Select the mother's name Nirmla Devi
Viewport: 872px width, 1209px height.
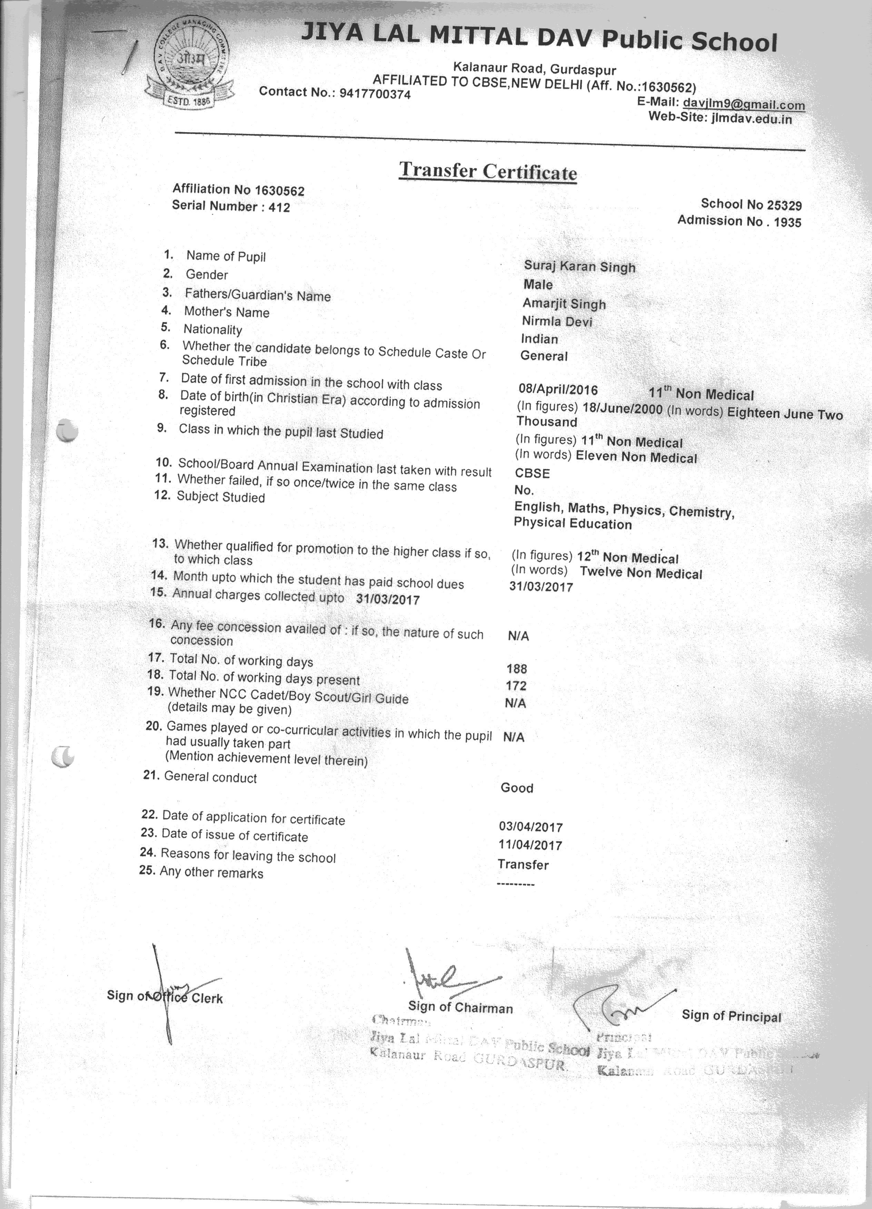point(557,321)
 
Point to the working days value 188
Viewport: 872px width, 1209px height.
point(517,668)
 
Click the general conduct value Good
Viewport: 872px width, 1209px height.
point(517,788)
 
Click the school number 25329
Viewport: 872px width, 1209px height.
point(784,205)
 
